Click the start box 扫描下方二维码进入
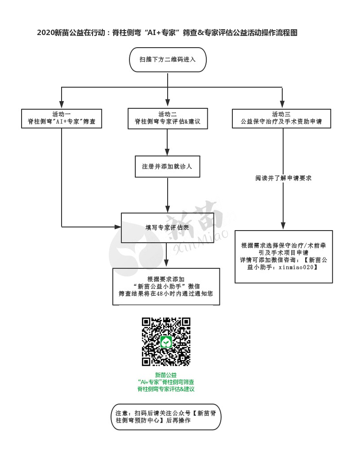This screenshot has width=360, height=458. point(167,59)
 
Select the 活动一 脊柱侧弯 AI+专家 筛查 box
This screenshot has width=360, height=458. point(62,118)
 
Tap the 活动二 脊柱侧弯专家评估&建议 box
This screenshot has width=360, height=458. point(167,118)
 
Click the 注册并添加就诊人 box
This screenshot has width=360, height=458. point(167,166)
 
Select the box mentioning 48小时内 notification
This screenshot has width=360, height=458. point(166,286)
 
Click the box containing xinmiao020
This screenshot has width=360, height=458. point(284,257)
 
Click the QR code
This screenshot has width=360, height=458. point(166,342)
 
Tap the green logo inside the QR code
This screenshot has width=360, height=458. point(166,342)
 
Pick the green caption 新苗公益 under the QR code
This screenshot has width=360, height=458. point(166,375)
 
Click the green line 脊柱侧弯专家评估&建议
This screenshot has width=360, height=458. point(166,389)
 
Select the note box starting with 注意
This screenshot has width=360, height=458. point(166,417)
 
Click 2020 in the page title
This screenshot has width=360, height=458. point(45,33)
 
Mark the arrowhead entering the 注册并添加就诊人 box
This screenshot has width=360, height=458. point(167,152)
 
